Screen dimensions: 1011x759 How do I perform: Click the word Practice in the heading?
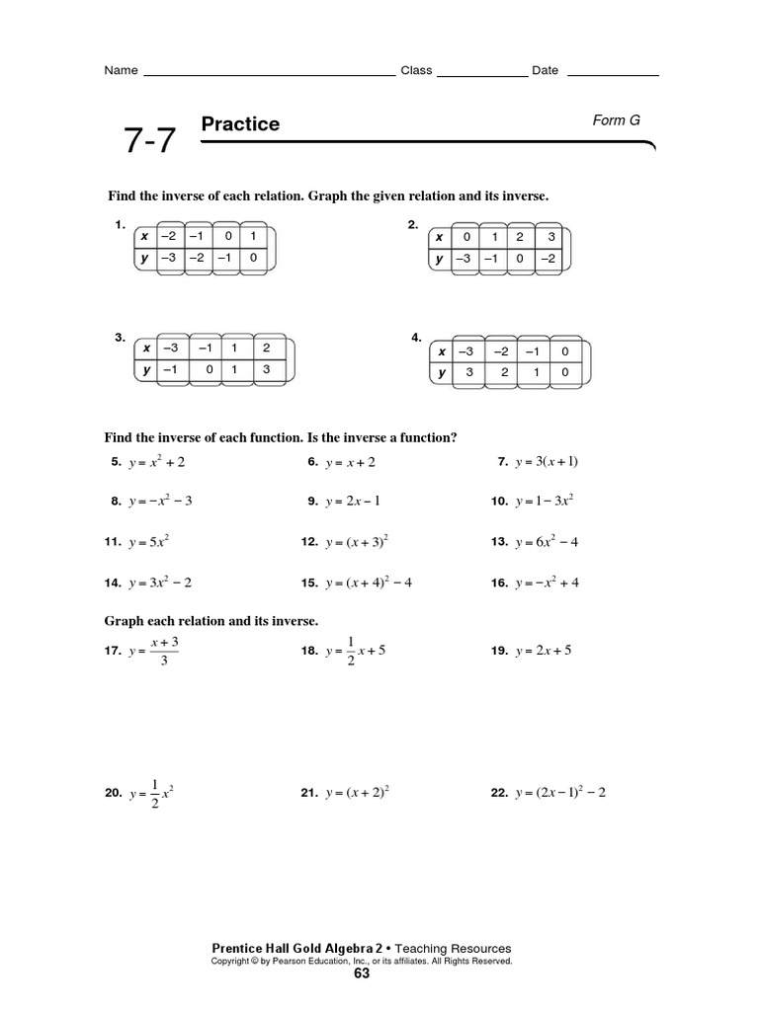[240, 123]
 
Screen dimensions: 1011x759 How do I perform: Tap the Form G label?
[616, 119]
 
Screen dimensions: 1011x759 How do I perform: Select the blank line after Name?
[269, 73]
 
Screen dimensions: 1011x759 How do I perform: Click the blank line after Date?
[613, 73]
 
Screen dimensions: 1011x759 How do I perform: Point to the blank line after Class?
[481, 73]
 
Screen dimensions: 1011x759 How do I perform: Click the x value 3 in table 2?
[552, 237]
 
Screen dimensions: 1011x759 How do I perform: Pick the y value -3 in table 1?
[169, 259]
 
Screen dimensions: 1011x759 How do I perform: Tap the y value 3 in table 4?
[471, 373]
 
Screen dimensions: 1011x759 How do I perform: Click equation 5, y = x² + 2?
[156, 462]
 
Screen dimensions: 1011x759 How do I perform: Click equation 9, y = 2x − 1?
[352, 502]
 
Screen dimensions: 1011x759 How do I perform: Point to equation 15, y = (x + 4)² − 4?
[368, 583]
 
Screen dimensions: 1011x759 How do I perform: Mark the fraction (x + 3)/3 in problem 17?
[164, 652]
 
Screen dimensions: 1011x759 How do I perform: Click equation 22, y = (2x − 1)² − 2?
[559, 793]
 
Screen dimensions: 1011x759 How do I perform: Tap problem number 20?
[112, 794]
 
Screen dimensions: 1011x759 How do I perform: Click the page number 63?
[361, 974]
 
